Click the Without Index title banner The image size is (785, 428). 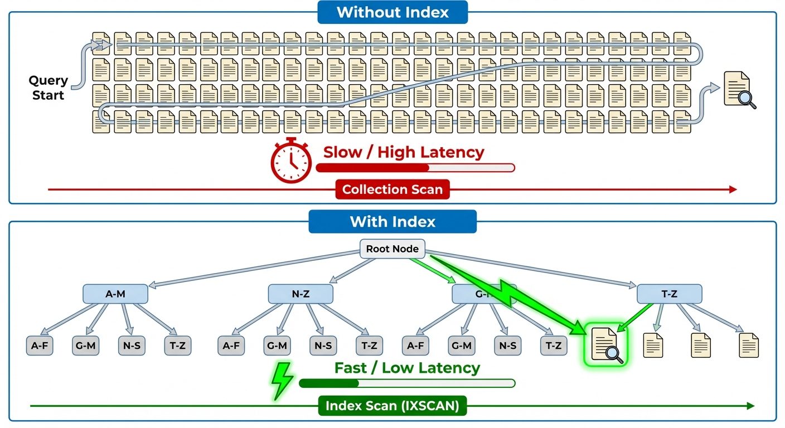click(392, 12)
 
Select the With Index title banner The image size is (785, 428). click(392, 222)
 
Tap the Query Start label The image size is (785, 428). click(48, 88)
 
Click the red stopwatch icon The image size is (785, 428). click(290, 160)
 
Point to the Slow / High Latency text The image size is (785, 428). click(404, 152)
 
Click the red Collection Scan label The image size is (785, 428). click(392, 189)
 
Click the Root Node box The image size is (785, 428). click(392, 249)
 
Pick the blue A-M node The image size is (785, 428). click(115, 294)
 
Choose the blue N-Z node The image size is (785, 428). click(301, 294)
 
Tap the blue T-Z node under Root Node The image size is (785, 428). click(669, 294)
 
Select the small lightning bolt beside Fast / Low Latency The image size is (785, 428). click(282, 381)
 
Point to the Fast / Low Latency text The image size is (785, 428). click(407, 368)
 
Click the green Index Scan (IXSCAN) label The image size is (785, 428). click(392, 406)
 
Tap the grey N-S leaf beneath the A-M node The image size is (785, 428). click(131, 346)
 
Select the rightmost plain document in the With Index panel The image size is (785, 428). click(749, 345)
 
